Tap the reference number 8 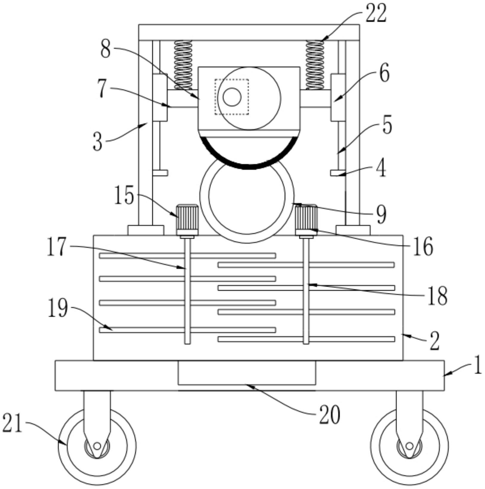tap(105, 49)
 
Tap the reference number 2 tap(434, 341)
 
